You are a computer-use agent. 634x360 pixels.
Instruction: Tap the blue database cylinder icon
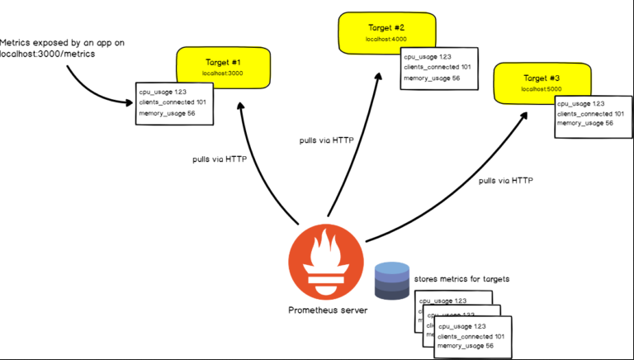coord(391,280)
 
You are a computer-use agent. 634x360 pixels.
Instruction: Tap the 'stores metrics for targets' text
coord(462,279)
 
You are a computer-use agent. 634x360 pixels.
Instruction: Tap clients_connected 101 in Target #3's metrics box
coord(590,113)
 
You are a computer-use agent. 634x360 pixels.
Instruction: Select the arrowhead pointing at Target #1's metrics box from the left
coord(130,103)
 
